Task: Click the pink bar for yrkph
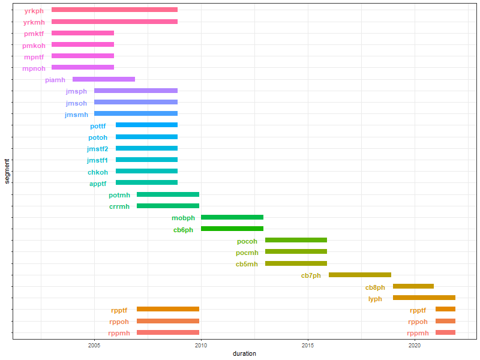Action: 114,10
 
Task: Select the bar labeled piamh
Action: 104,79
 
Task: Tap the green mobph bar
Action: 232,217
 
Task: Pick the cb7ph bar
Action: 359,275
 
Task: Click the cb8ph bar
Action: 413,286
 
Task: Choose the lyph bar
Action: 424,298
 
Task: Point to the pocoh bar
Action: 296,240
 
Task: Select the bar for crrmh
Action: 167,206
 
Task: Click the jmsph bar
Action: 136,91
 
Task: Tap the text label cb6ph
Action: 184,230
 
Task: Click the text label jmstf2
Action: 97,149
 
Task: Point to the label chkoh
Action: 98,172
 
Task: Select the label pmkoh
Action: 34,46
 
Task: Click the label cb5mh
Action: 247,264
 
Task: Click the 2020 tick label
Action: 415,346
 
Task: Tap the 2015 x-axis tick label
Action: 308,346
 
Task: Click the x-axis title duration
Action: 244,354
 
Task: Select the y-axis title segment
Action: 6,171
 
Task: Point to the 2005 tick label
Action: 94,346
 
